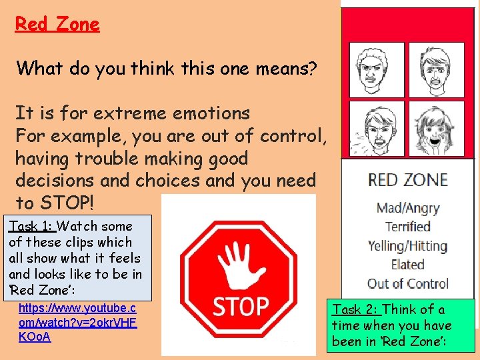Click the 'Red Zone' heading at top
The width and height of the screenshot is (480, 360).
coord(57,25)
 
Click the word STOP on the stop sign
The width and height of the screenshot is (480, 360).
coord(240,306)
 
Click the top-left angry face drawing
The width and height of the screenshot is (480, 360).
coord(377,70)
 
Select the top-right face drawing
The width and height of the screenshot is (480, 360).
coord(435,70)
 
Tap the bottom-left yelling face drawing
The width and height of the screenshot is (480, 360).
coord(377,128)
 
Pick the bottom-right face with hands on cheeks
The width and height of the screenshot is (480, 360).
coord(435,128)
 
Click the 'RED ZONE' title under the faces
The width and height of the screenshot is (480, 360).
coord(408,180)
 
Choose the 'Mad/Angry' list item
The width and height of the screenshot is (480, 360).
coord(408,208)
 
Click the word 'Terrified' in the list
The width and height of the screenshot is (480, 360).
coord(408,227)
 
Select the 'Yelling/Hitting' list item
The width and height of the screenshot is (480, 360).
coord(408,245)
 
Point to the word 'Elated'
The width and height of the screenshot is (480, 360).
coord(408,264)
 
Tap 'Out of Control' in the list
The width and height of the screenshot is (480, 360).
coord(408,283)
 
